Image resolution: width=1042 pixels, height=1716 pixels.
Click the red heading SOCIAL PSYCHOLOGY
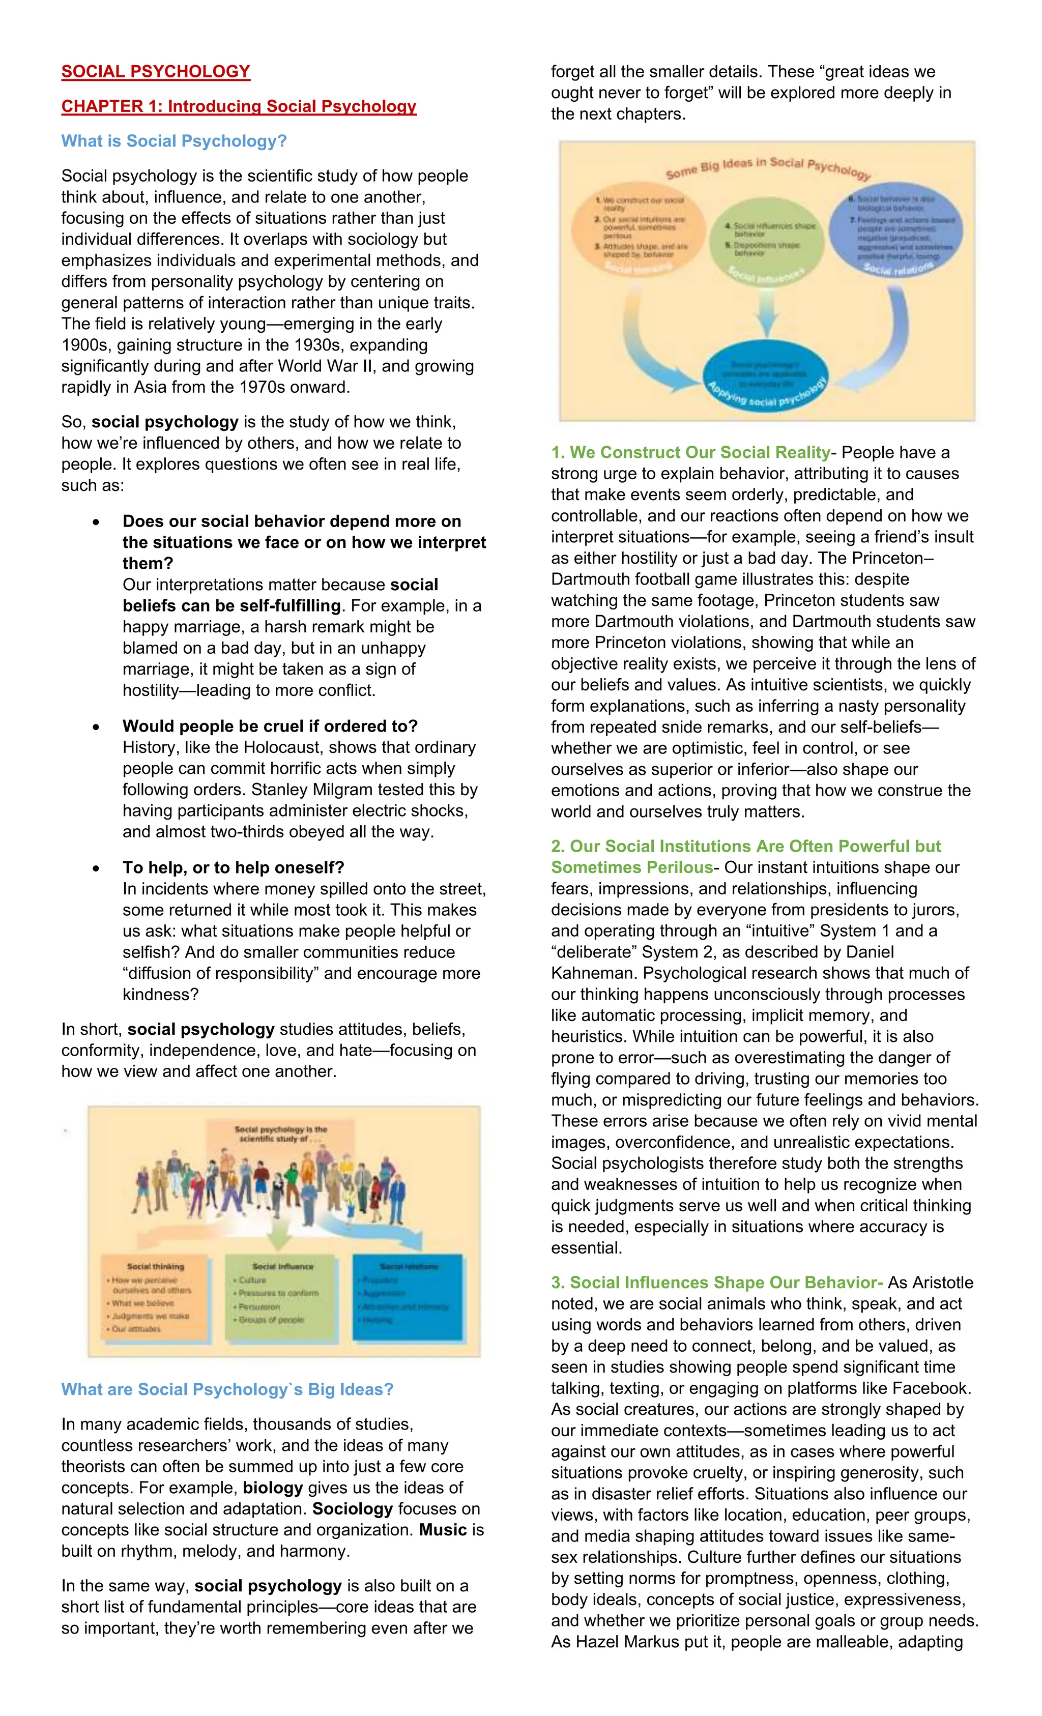[x=155, y=72]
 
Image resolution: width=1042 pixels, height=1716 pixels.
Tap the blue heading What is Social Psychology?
[x=173, y=141]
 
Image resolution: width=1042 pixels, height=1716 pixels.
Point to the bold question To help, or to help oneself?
[x=234, y=868]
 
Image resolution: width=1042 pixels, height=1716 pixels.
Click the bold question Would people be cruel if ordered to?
[x=270, y=726]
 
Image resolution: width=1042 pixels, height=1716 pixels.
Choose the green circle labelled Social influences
[x=766, y=240]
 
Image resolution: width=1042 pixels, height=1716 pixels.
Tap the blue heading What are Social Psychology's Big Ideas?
[x=227, y=1390]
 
